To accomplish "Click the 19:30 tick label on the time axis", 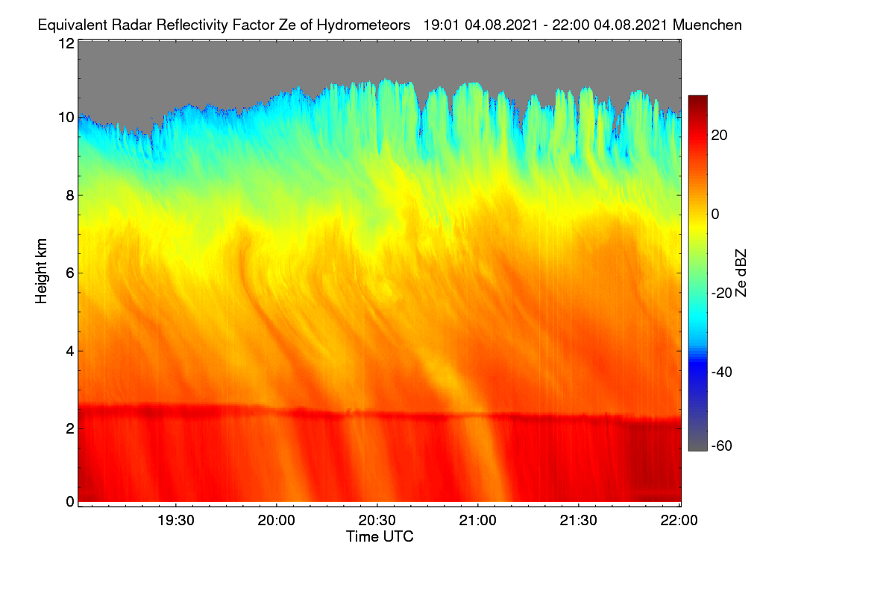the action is click(176, 521).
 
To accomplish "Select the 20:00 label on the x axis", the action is click(277, 521).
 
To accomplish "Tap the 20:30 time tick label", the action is click(377, 521).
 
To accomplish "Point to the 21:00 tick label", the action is click(478, 521).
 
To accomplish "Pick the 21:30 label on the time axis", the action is click(579, 521).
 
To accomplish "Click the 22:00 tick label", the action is click(679, 521).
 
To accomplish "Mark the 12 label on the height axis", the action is click(66, 43).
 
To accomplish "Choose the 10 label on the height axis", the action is click(66, 118).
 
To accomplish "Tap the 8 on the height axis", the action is click(70, 196).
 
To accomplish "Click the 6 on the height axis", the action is click(70, 273).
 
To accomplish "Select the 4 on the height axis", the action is click(70, 352).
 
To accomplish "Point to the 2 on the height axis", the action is click(70, 428).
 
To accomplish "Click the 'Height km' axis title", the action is click(41, 271).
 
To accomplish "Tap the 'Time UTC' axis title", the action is click(380, 537).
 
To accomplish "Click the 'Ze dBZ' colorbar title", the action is click(741, 273).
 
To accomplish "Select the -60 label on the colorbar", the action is click(722, 446).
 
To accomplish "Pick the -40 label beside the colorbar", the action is click(722, 372).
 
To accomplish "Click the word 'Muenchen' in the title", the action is click(707, 25).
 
